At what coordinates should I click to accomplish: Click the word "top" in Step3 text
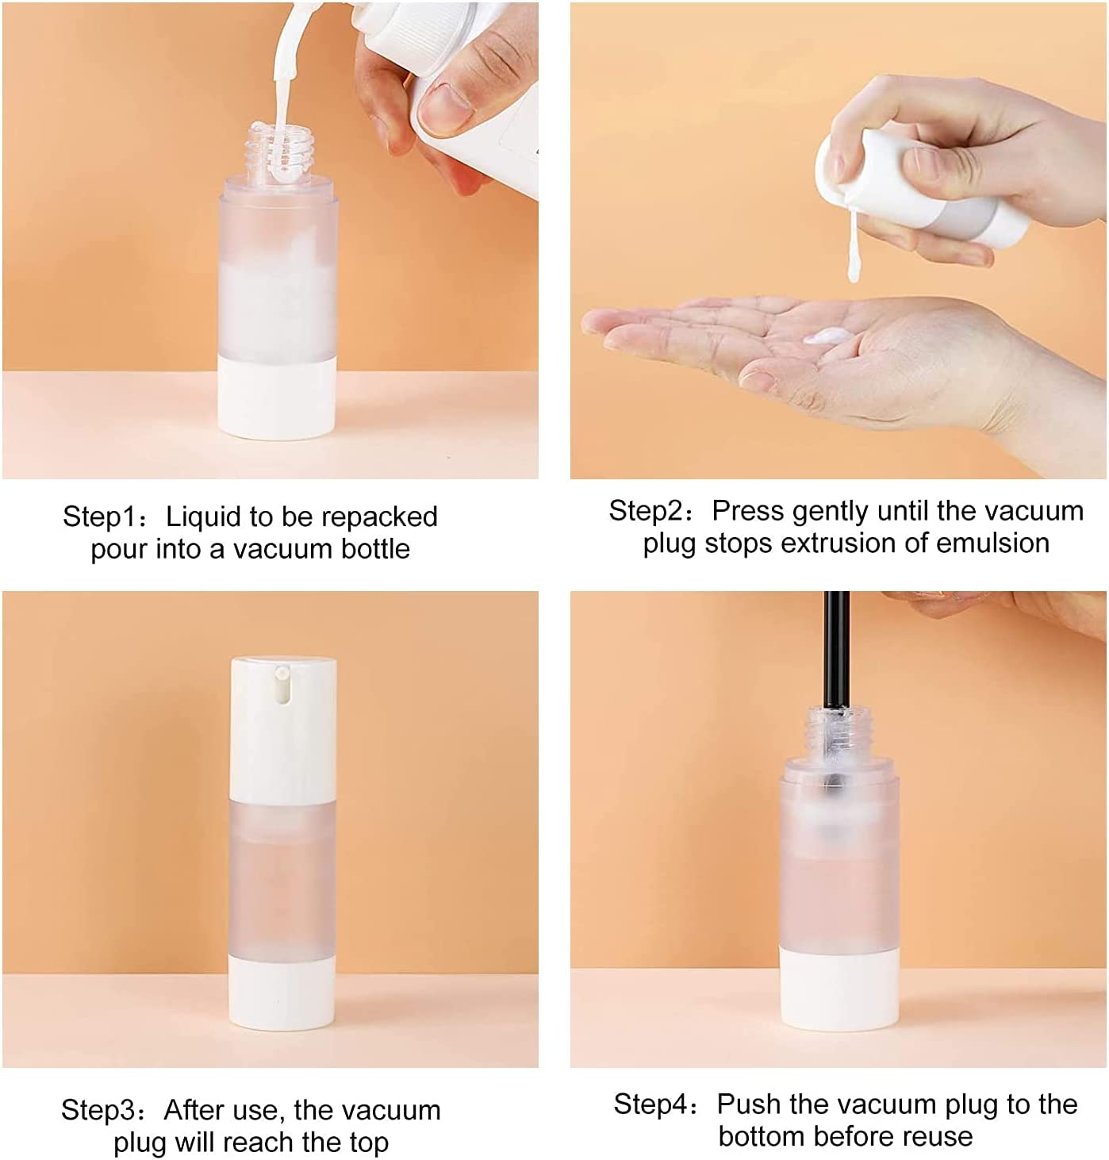tap(369, 1143)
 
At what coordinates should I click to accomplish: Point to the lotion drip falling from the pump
tap(852, 254)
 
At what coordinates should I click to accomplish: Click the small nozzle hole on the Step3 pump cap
tap(281, 674)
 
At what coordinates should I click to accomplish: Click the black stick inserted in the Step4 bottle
tap(831, 651)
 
